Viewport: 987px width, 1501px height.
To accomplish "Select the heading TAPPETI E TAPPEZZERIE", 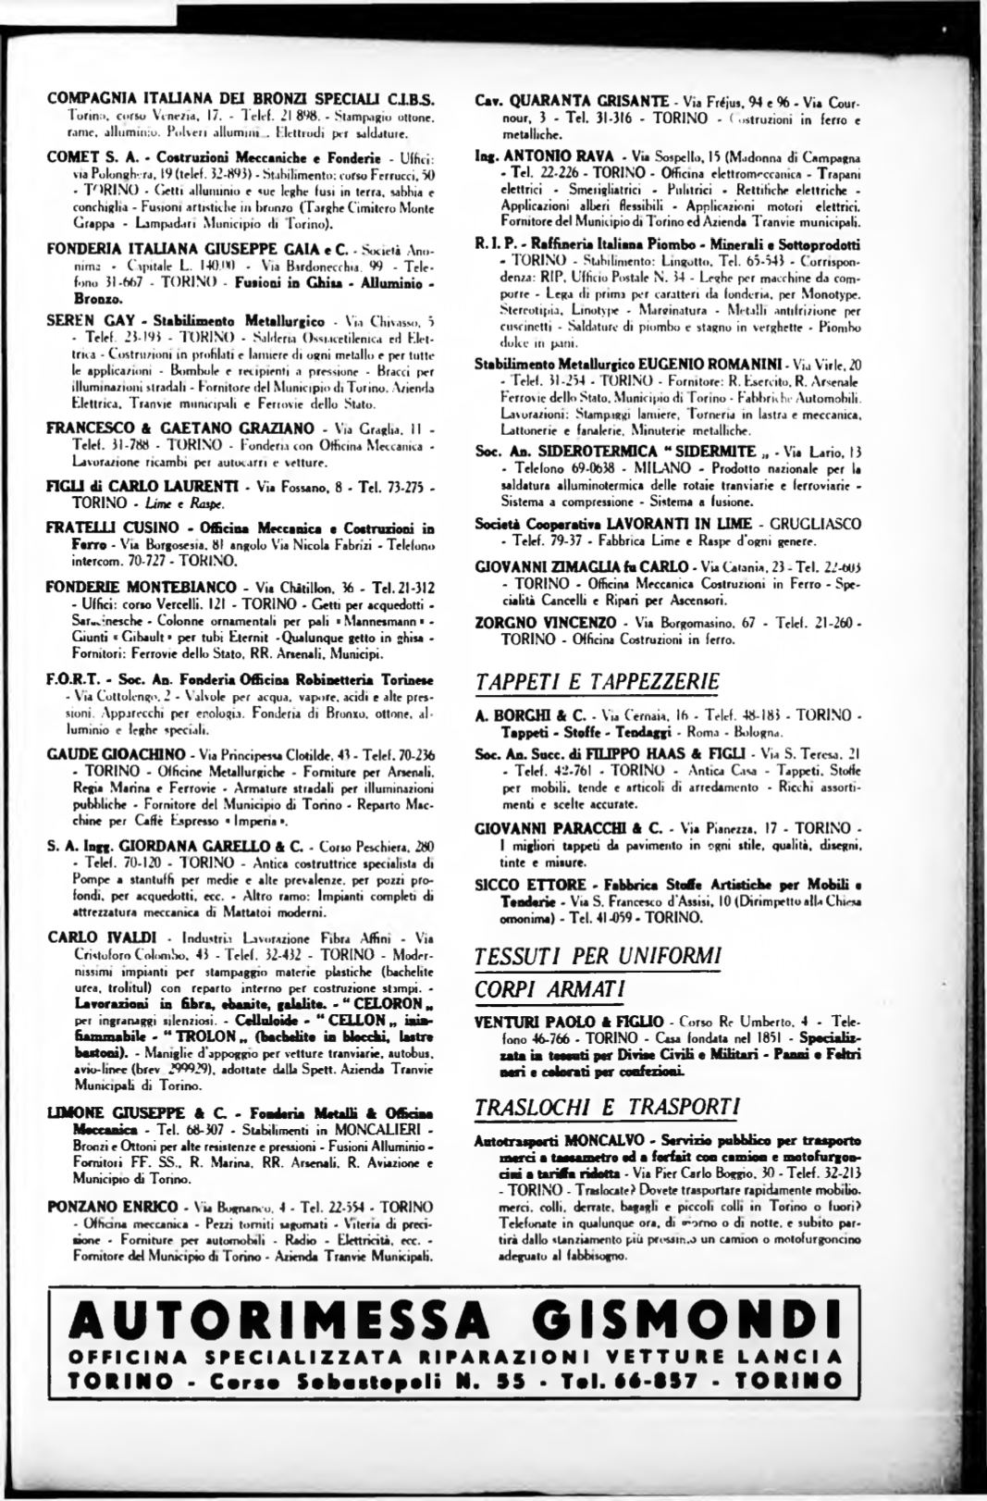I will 596,683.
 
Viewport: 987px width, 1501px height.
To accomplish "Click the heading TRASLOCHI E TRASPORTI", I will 606,1107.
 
